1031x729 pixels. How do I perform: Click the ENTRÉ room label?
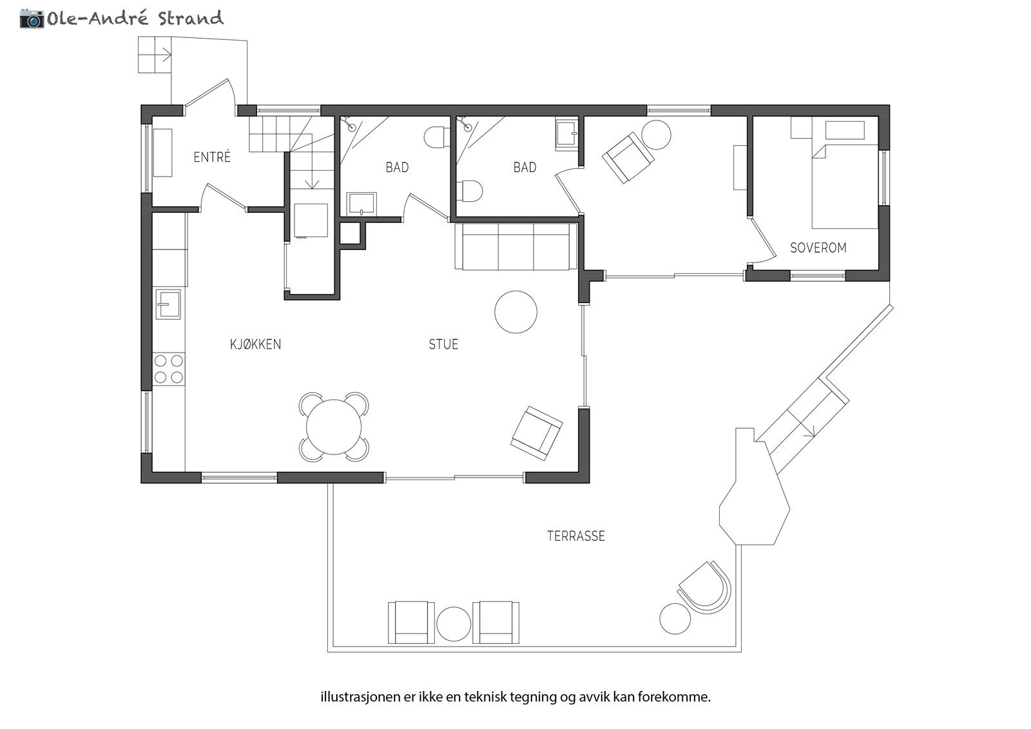point(212,157)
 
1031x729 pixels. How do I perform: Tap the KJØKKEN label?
point(255,344)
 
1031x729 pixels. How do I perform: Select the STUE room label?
point(443,344)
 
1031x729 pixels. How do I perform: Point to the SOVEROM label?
point(818,248)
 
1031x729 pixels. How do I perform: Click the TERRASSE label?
point(576,536)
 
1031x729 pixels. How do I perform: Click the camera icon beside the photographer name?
point(32,19)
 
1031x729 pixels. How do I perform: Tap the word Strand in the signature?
point(191,18)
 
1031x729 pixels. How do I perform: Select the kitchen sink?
point(168,304)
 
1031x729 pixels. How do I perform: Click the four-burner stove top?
point(168,369)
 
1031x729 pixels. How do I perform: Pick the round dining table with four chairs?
point(334,427)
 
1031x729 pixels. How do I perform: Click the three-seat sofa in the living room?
point(516,246)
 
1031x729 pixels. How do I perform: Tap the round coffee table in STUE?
point(515,312)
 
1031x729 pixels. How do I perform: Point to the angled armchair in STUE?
point(536,433)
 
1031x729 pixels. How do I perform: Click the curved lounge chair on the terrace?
point(704,588)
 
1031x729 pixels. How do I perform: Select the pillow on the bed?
point(845,130)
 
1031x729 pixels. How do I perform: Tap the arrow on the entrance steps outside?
point(166,55)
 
